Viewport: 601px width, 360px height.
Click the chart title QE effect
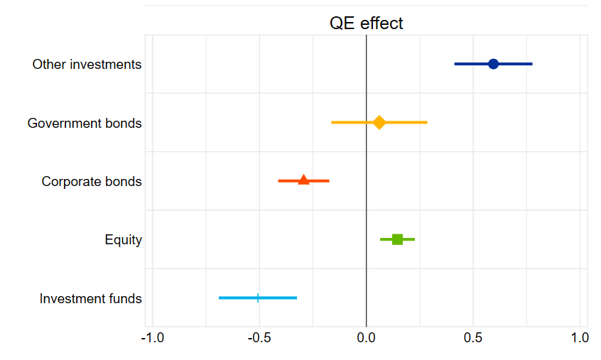366,23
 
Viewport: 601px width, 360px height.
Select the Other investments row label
87,65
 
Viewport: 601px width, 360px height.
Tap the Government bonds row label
85,124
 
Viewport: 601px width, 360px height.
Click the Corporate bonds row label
92,182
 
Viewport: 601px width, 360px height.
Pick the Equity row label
123,240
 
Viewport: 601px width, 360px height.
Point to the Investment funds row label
90,299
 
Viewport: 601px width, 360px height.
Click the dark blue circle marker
493,64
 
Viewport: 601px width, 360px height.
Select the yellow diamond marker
379,122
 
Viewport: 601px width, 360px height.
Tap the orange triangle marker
304,180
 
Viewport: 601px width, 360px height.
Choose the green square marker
397,239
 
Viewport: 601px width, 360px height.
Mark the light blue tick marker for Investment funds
258,298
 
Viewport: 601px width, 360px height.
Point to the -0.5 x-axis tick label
259,338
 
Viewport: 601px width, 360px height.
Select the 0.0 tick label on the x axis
366,338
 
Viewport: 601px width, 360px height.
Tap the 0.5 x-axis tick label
472,338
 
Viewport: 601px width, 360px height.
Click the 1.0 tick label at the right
580,338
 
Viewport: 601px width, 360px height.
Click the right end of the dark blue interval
531,64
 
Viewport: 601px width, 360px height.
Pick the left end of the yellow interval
332,122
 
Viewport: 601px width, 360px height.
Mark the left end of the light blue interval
220,298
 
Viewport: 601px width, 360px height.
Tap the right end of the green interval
414,239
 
